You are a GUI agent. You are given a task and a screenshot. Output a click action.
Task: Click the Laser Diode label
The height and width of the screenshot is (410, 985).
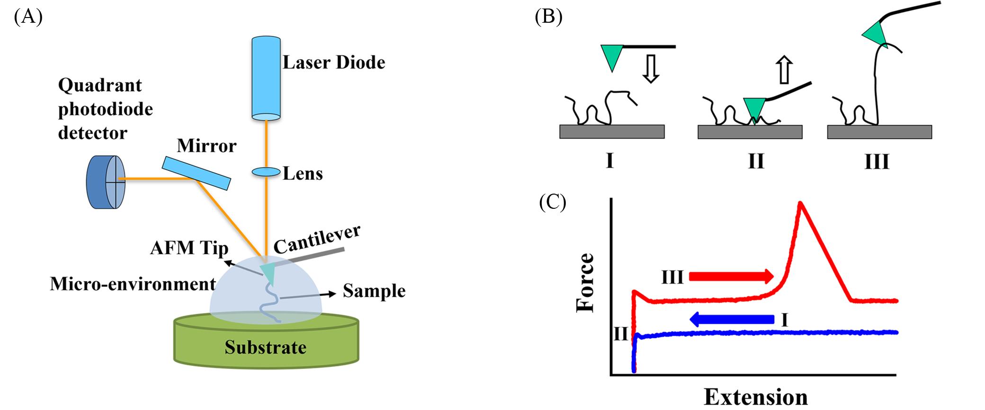click(x=334, y=62)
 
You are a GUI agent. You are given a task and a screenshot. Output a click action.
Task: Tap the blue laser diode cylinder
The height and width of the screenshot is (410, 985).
click(x=266, y=78)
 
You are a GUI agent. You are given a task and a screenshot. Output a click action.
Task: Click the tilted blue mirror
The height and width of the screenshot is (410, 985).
click(x=197, y=173)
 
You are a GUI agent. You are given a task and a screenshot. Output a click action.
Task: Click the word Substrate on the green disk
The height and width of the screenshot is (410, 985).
click(x=265, y=348)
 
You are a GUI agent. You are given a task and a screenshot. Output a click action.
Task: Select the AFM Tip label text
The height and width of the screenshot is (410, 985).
click(x=189, y=248)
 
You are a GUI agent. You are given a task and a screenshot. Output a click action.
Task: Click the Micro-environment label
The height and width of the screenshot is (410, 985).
click(x=133, y=284)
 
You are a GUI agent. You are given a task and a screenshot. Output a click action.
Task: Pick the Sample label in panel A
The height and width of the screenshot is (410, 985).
click(x=374, y=291)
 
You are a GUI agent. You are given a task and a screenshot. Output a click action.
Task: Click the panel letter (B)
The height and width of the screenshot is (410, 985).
click(x=548, y=17)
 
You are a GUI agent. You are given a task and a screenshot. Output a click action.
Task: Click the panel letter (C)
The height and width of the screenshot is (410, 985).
click(x=553, y=202)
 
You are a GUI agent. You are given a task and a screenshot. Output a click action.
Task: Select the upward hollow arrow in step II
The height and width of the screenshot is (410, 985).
click(x=785, y=70)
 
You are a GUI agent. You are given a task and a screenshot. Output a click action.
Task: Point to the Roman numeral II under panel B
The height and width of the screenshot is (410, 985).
click(x=756, y=162)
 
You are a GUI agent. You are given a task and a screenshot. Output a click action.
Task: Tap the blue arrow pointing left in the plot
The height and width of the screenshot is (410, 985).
click(x=732, y=320)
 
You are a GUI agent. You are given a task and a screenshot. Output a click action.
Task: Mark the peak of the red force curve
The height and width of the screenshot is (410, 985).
click(x=800, y=204)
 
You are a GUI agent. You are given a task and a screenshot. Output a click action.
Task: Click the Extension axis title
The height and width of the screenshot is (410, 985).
click(x=755, y=397)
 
